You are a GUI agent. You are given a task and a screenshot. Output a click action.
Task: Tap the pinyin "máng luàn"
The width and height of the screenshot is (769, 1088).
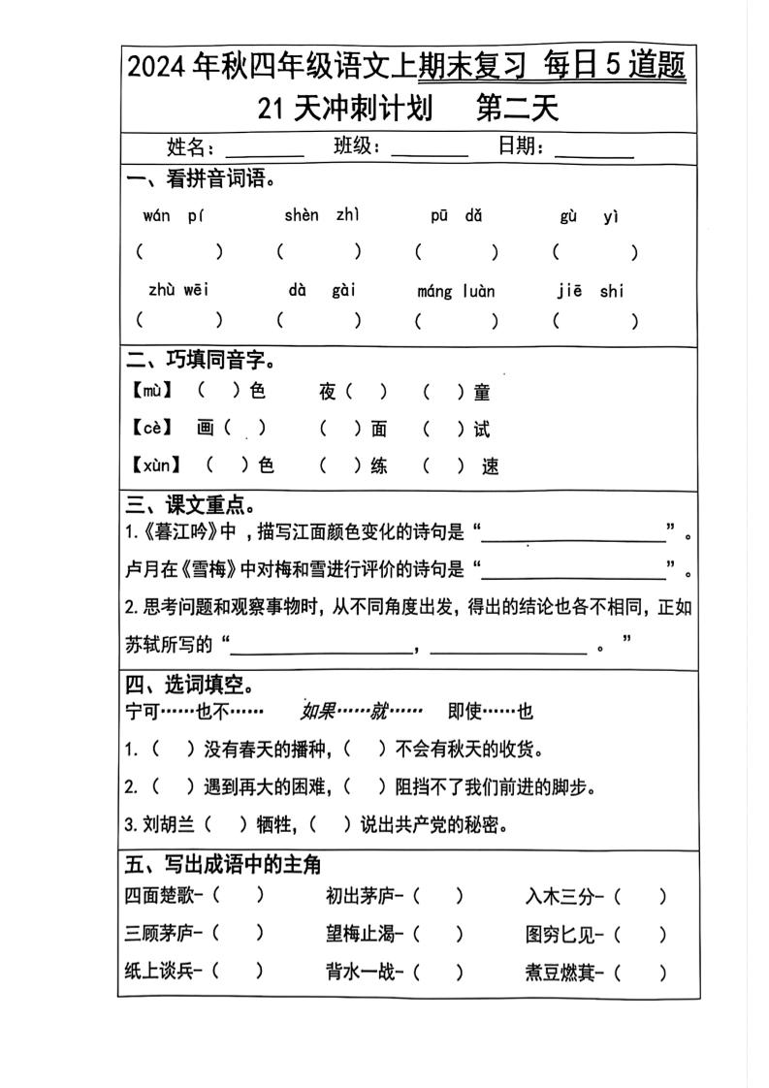[x=456, y=291]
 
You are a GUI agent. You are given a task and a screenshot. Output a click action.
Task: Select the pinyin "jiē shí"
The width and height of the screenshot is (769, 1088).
[x=591, y=291]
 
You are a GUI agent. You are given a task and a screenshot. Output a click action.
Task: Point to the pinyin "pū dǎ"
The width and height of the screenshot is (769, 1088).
[x=456, y=215]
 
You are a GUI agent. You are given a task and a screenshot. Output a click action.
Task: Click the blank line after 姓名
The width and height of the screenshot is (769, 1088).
[x=264, y=152]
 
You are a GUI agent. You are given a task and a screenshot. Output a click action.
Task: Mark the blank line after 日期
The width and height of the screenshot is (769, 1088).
[x=594, y=152]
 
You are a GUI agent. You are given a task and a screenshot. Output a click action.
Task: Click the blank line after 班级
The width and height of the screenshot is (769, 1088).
[x=430, y=152]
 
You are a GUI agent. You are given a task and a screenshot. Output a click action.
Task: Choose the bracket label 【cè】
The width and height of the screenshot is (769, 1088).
[x=151, y=428]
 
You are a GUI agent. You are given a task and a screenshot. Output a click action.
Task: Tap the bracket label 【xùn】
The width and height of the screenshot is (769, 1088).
[x=156, y=465]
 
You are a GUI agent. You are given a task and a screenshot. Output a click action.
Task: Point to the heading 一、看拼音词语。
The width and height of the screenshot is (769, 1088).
[x=202, y=178]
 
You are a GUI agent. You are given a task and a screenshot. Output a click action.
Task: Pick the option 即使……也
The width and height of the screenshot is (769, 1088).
[x=490, y=712]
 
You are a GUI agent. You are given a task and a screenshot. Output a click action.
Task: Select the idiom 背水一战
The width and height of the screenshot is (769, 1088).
[x=360, y=971]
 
